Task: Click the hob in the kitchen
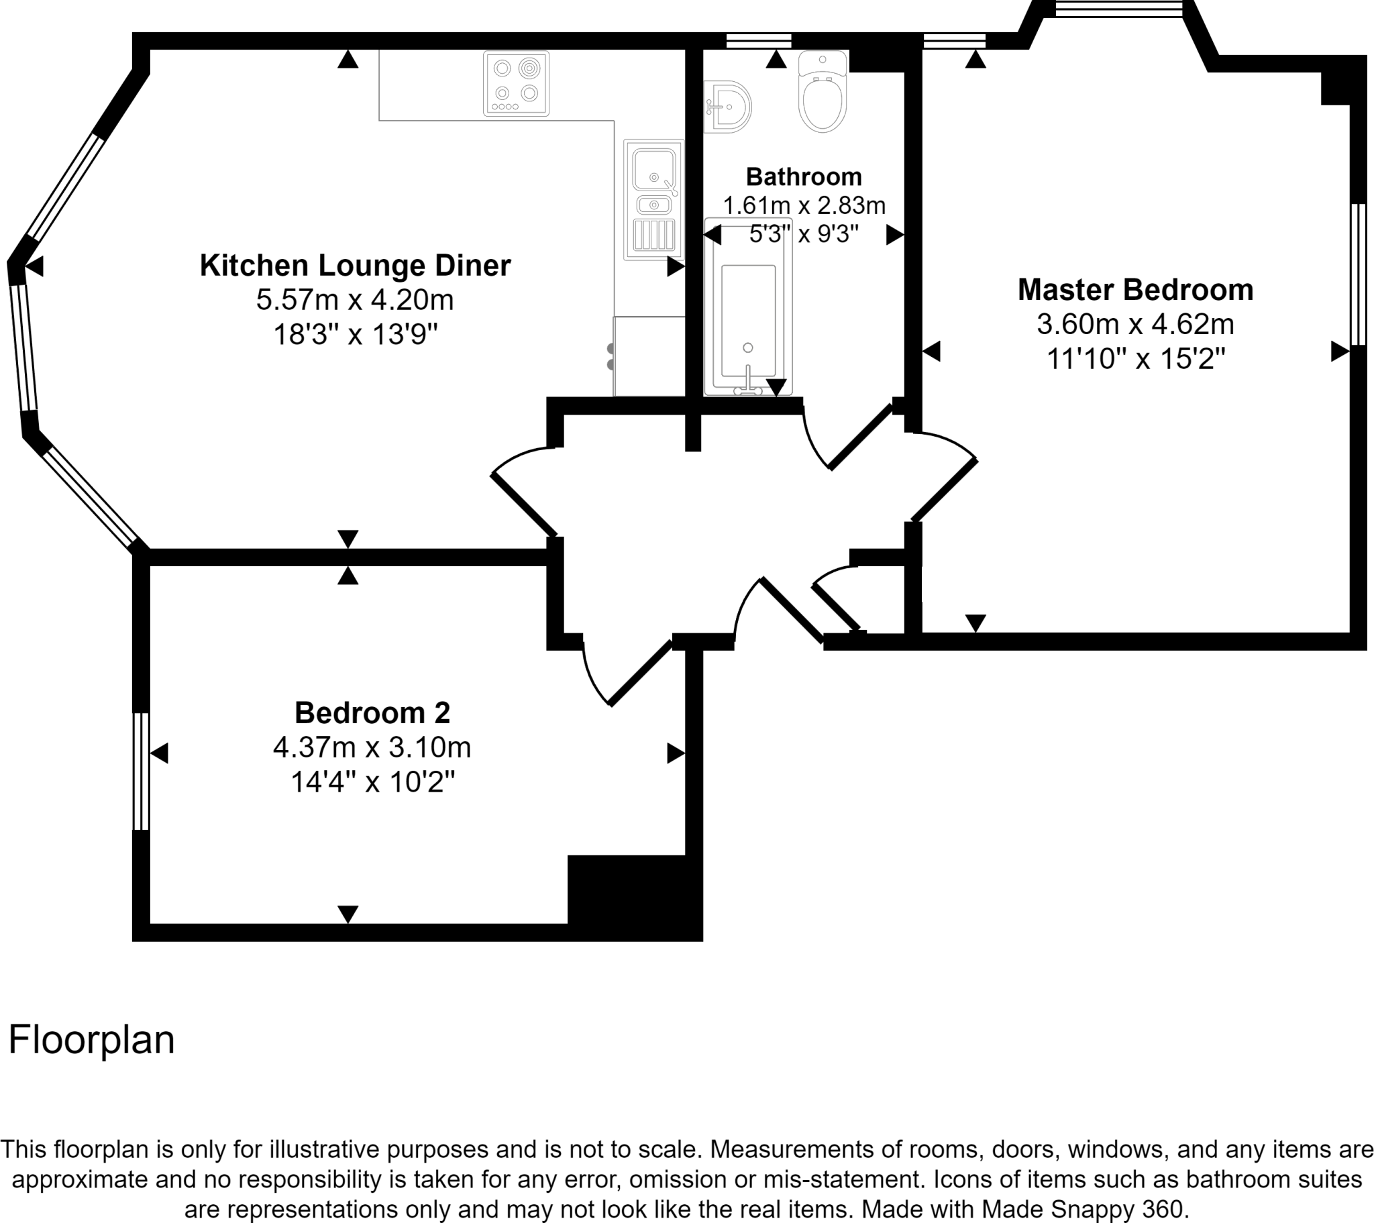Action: pos(516,84)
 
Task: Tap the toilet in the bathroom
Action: pos(822,94)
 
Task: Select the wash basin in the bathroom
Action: pos(727,106)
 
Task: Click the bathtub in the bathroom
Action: pos(748,307)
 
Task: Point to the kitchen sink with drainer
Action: pos(653,200)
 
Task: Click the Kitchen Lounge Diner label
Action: pos(355,266)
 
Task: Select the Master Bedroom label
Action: pos(1135,290)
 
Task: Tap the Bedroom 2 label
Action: pos(372,712)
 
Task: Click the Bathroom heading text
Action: pos(803,177)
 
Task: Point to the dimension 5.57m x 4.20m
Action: pos(355,300)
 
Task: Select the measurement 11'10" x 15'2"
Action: pos(1135,359)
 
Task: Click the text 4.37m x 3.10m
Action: pos(372,747)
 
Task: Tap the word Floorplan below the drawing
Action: pos(91,1039)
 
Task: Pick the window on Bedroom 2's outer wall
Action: pos(140,772)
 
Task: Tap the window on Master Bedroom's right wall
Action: pos(1359,274)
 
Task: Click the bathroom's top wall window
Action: pos(759,41)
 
